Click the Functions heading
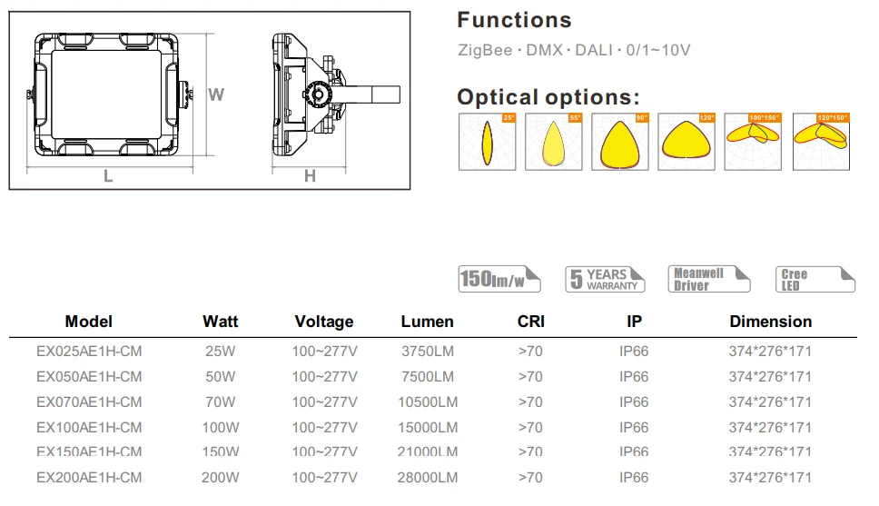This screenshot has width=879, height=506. (514, 20)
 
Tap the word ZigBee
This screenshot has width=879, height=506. (483, 50)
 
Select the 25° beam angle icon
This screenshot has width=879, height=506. (487, 142)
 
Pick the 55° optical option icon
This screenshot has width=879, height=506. (553, 142)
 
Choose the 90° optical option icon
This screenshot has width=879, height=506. (620, 142)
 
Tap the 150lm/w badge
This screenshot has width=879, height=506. (499, 280)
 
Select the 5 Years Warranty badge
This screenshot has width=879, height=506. (605, 279)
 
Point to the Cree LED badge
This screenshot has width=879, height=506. (815, 279)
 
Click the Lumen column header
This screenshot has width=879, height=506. (427, 322)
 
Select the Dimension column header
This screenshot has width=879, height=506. (770, 322)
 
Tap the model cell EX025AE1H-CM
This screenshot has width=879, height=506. (89, 351)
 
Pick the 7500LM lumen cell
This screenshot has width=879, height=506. (429, 376)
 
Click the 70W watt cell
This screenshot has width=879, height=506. (220, 402)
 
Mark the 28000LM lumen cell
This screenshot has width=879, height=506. (429, 477)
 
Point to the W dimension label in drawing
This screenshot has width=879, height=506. (216, 94)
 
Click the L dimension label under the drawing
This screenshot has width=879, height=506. (108, 177)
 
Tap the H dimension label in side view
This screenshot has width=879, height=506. (310, 177)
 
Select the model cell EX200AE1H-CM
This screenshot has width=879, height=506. (89, 477)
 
